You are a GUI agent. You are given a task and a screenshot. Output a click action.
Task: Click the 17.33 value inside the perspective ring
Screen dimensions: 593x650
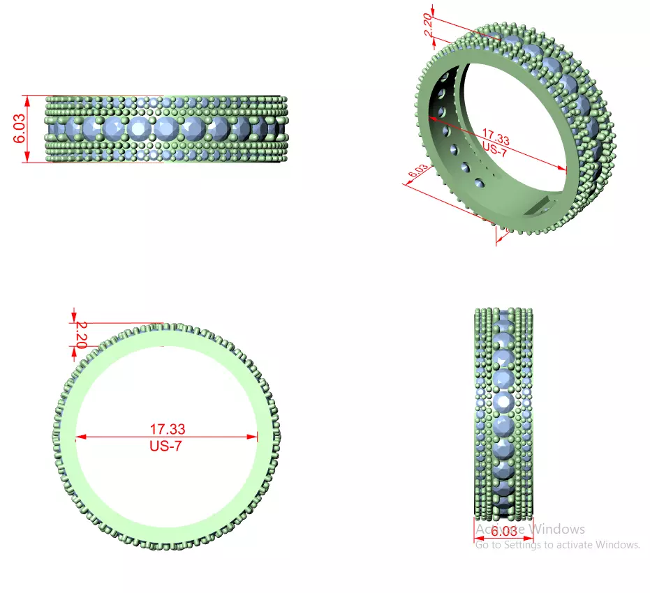click(495, 137)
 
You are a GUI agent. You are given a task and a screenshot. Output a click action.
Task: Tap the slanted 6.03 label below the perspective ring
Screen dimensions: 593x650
click(418, 172)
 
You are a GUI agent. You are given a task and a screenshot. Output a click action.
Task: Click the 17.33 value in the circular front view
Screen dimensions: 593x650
click(168, 429)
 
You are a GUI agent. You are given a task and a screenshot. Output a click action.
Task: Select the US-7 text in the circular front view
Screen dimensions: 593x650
click(165, 446)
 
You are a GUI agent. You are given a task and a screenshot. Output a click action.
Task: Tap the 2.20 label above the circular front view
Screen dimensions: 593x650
click(81, 334)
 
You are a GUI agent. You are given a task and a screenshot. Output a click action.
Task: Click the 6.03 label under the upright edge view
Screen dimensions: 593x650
click(504, 532)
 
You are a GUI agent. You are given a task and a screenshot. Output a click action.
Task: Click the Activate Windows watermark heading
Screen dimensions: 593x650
click(530, 530)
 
